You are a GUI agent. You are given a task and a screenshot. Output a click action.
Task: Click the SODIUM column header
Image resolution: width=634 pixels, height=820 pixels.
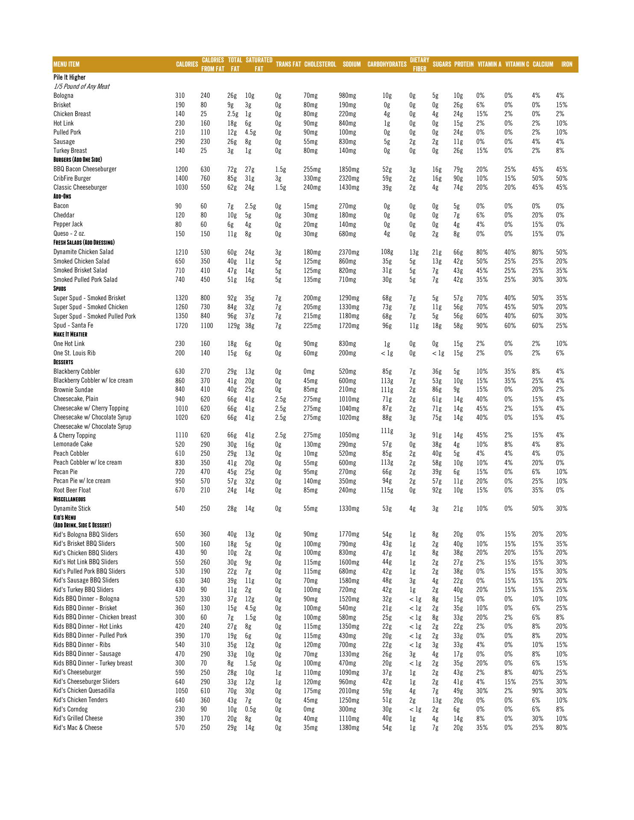351,64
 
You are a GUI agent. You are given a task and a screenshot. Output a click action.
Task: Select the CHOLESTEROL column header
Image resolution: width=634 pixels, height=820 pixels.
320,64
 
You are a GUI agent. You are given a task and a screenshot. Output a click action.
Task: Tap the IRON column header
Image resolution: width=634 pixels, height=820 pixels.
566,64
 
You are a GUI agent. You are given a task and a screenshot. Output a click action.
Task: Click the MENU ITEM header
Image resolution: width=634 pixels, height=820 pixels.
66,64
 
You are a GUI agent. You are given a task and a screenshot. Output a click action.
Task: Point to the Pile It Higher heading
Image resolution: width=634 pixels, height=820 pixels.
69,77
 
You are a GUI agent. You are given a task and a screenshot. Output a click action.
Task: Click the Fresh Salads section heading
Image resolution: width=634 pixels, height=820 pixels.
83,243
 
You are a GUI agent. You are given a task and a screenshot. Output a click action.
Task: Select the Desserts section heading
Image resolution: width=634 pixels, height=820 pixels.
63,362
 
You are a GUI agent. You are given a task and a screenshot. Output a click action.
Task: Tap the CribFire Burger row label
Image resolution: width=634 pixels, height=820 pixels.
72,179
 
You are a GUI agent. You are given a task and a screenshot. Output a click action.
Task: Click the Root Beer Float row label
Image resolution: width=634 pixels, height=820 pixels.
72,490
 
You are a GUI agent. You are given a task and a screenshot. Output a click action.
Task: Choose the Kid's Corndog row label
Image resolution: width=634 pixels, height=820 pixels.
70,709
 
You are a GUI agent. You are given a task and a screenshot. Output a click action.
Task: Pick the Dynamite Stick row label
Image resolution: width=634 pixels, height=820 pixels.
72,509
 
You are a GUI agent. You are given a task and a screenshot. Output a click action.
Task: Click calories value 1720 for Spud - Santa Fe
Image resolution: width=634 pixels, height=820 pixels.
182,326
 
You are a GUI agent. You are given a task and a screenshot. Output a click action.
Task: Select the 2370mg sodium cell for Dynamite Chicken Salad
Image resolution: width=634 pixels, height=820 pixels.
349,252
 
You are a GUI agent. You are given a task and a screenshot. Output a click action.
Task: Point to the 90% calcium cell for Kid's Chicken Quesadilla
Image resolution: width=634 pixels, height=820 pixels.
537,691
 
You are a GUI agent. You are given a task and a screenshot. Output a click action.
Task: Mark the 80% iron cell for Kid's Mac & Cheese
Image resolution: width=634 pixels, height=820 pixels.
561,728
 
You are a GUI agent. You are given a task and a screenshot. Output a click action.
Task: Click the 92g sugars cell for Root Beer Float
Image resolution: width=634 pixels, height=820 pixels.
437,490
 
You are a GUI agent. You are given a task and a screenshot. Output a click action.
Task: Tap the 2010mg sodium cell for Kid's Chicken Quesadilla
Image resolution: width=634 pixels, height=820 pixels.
349,691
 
